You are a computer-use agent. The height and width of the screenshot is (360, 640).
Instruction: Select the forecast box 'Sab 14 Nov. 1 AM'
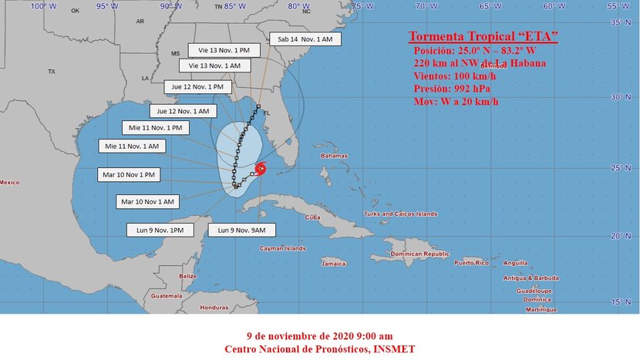(x=301, y=39)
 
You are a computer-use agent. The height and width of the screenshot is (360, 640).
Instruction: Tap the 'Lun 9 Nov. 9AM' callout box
(x=241, y=230)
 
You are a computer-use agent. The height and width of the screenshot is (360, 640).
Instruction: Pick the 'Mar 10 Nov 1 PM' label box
(x=128, y=174)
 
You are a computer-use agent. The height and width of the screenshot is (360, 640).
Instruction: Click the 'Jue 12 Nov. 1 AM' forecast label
(x=180, y=111)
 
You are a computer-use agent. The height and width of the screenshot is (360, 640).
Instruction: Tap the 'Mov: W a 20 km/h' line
(x=456, y=101)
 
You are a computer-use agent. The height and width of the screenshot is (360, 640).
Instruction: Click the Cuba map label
(x=312, y=217)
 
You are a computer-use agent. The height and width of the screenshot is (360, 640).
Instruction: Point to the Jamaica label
(x=333, y=264)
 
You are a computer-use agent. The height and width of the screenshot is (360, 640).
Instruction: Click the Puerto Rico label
(x=473, y=263)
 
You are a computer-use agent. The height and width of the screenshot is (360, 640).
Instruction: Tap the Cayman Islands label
(x=276, y=249)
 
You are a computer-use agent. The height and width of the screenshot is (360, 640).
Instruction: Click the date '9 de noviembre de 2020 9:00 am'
(x=319, y=337)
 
